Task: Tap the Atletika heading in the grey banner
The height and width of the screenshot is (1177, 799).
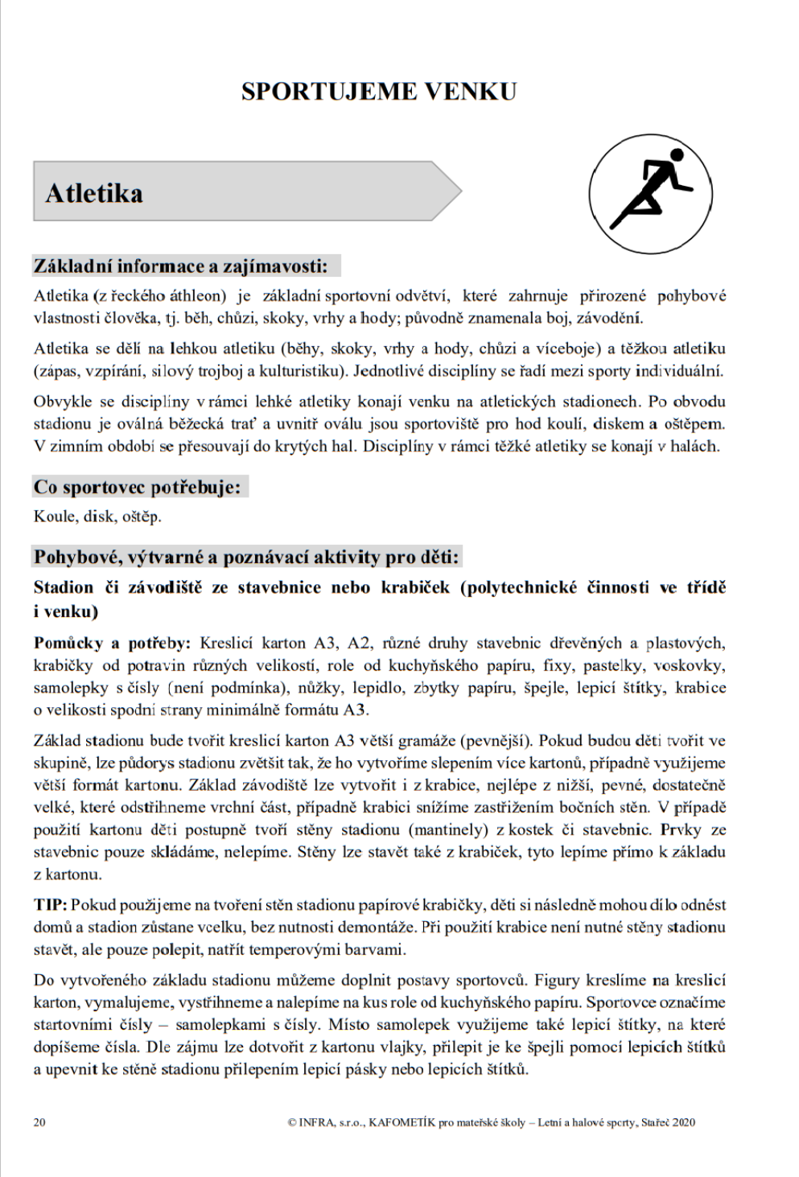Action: (94, 193)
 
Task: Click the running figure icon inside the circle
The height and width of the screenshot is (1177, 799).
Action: (650, 194)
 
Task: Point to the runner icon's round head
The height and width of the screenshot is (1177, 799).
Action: (676, 155)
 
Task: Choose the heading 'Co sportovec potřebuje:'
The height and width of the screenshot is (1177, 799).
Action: (138, 487)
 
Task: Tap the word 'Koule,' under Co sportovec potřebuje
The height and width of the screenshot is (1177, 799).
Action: (55, 516)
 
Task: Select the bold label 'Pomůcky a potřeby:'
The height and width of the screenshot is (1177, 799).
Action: (112, 643)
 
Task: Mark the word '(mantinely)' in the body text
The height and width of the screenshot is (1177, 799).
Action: (447, 829)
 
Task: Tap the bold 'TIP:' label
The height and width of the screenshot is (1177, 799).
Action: (50, 905)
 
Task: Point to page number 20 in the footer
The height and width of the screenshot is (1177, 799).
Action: (39, 1122)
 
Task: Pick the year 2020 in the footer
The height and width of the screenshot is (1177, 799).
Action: (683, 1122)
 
